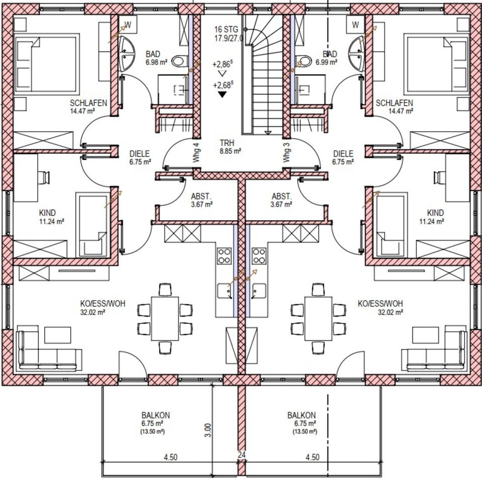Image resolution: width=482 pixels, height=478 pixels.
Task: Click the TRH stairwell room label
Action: tap(227, 143)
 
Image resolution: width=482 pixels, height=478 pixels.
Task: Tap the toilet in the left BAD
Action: tap(180, 61)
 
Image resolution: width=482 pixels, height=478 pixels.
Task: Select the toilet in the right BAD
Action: tap(303, 61)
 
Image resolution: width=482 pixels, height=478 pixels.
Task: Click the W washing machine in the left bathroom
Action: tap(127, 24)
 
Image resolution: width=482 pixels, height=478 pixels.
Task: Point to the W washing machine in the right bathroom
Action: tap(355, 24)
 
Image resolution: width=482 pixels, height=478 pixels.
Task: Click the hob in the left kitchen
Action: tap(224, 256)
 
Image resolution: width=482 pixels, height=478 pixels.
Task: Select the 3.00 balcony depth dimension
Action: tap(208, 430)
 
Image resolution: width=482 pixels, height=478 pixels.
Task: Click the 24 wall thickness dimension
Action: tap(242, 454)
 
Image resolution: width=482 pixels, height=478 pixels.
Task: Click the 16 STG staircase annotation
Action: tap(226, 30)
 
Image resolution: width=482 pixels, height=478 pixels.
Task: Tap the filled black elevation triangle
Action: tap(222, 95)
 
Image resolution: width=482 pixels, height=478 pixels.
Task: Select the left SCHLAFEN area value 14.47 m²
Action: tap(82, 111)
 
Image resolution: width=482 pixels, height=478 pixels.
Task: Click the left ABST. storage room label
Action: tap(201, 196)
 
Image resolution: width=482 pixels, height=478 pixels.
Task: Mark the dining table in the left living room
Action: tap(165, 318)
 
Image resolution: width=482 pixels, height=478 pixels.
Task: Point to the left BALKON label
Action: tap(156, 415)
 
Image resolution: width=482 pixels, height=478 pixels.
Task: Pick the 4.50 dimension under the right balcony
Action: tap(312, 457)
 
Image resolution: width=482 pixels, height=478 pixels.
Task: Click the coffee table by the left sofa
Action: tap(57, 335)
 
